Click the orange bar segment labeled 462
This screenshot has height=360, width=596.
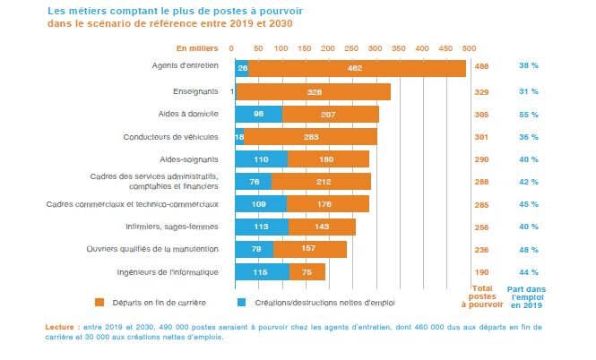pyautogui.click(x=357, y=68)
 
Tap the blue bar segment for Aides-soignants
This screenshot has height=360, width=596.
pyautogui.click(x=261, y=159)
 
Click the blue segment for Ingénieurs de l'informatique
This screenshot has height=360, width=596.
pyautogui.click(x=262, y=271)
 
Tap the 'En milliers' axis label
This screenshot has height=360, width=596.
pyautogui.click(x=196, y=47)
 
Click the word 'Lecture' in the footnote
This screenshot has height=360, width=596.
pyautogui.click(x=60, y=328)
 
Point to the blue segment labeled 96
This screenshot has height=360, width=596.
pyautogui.click(x=258, y=114)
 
